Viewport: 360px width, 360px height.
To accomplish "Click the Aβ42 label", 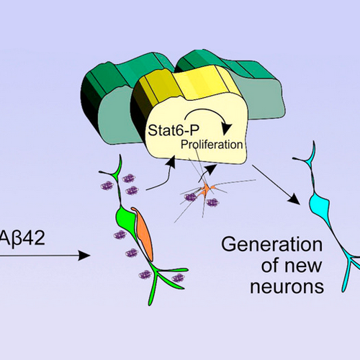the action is (22, 238).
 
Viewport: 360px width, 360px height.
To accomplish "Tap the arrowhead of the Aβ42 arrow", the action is (84, 256).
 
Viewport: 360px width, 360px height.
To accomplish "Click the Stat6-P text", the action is (174, 130).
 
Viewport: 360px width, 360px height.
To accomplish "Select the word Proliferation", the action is (212, 145).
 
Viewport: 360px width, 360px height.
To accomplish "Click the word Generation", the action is (272, 245).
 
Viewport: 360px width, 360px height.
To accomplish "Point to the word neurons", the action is (287, 287).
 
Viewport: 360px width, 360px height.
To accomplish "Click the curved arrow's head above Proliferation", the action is (226, 129).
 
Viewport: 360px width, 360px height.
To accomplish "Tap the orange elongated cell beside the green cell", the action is (143, 233).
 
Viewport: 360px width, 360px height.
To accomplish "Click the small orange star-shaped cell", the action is (206, 189).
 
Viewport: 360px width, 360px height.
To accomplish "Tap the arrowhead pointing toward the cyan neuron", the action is (295, 200).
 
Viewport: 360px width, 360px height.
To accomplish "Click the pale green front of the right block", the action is (264, 99).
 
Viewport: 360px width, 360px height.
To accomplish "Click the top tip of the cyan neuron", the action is (313, 142).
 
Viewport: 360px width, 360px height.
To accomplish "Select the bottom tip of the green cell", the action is (150, 305).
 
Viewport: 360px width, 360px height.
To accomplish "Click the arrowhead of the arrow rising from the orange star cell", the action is (212, 168).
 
